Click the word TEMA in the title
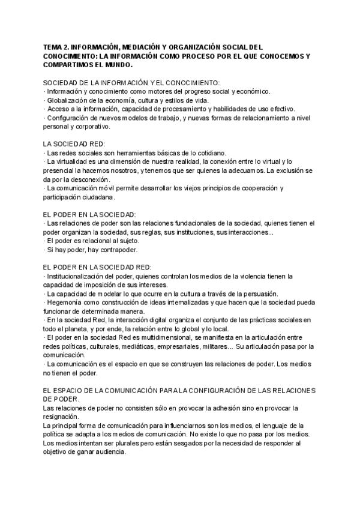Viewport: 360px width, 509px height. click(x=53, y=46)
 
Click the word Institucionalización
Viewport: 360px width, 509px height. click(x=76, y=276)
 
